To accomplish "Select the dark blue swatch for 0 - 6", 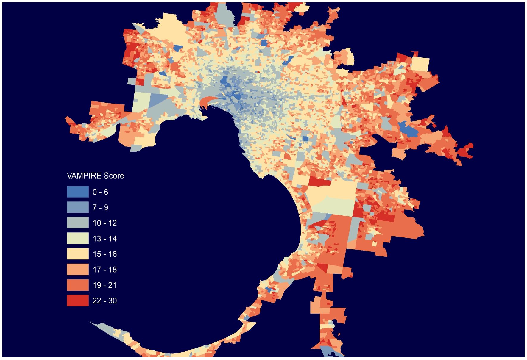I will point(78,192).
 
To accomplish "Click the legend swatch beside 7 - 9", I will point(78,207).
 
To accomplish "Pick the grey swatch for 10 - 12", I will point(78,223).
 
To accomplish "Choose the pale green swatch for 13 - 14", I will point(78,239).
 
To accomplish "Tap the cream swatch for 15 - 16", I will point(78,254).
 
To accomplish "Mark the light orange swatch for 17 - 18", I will point(78,270).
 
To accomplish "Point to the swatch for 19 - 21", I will point(78,285).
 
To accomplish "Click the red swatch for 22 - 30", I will point(78,300).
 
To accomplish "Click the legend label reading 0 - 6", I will point(100,192).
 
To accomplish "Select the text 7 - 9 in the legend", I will point(100,208).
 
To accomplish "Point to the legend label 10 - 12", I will point(105,223).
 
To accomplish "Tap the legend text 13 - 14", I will point(105,239).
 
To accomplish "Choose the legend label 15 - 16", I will point(105,254).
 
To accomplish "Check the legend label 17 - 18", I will point(105,270).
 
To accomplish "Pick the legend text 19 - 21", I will point(105,285).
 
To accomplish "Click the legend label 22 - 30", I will point(105,300).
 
